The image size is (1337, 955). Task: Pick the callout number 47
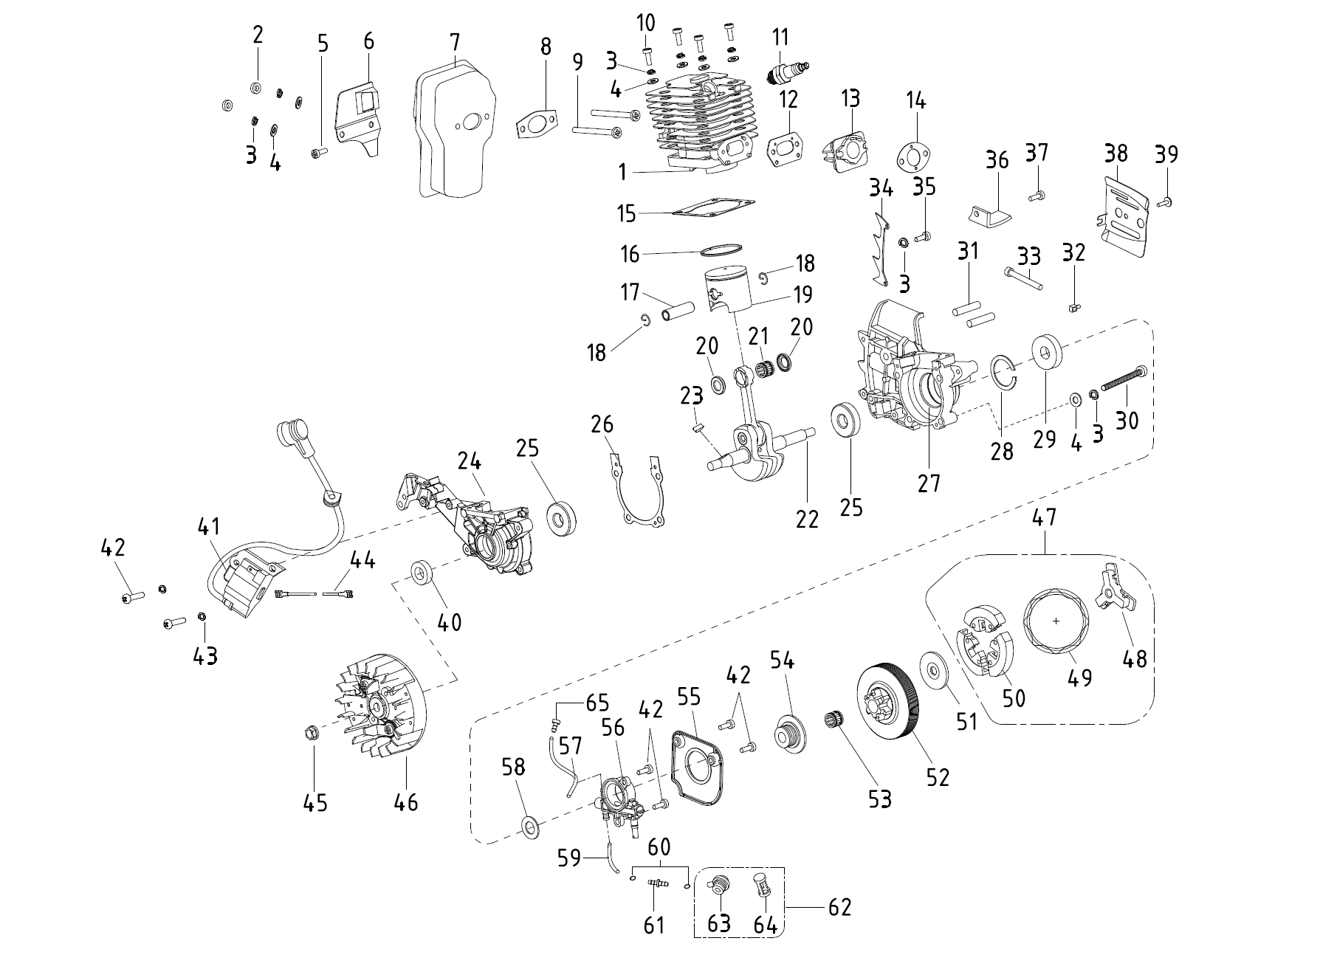(x=1045, y=517)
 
